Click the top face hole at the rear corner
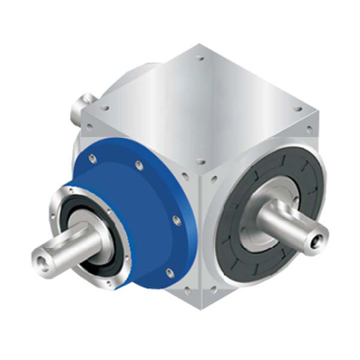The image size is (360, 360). click(200, 58)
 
